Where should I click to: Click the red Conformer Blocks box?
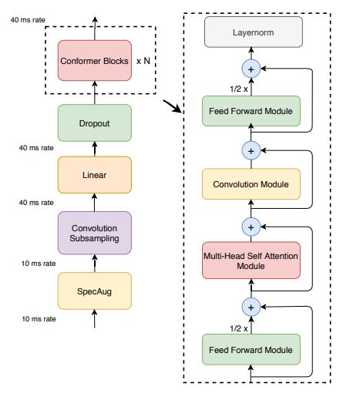(x=95, y=59)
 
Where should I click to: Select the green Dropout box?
(x=95, y=122)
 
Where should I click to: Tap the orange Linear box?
(x=95, y=175)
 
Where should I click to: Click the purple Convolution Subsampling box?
(x=95, y=232)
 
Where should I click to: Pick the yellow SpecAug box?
(x=95, y=291)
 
